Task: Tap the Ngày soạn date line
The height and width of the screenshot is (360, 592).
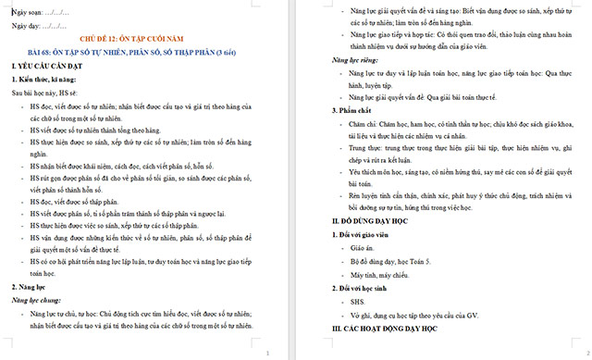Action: [x=38, y=11]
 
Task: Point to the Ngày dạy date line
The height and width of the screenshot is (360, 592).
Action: [x=37, y=27]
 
